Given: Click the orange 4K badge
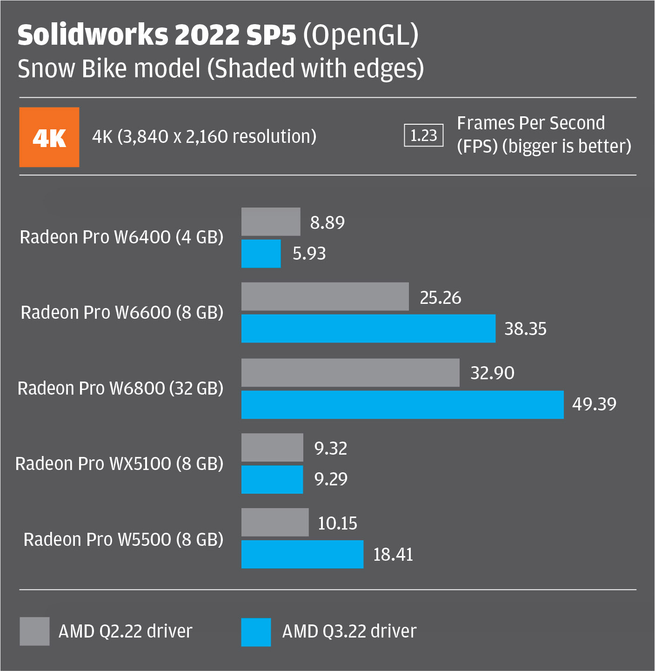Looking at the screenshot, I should tap(49, 137).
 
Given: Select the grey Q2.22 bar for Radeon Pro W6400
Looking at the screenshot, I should tap(271, 221).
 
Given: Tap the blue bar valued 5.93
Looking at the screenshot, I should tap(261, 254).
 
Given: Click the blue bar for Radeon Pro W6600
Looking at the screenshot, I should tap(368, 329).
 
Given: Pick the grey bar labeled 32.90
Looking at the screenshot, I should tap(350, 373).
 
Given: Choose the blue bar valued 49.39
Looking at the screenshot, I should tap(402, 404).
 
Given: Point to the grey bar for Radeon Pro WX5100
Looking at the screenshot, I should tap(272, 448).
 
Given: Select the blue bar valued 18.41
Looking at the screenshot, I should tap(302, 554).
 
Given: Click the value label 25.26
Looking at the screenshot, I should tap(440, 298).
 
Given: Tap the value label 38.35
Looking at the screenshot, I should tap(525, 329).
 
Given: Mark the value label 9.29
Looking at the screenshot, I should tap(331, 479).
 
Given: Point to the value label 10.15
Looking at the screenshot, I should tap(337, 523).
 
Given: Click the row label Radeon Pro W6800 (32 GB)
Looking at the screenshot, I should tap(120, 389).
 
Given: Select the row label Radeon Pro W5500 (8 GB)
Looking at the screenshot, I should tap(123, 540).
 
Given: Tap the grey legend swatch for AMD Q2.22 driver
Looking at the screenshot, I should tap(34, 631).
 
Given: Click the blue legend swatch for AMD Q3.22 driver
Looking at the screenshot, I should tap(256, 632).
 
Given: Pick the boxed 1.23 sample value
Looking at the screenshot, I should tap(423, 135).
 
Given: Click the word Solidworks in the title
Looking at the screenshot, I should tap(93, 35).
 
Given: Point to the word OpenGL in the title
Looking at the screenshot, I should tap(361, 35).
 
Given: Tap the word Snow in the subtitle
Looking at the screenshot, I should tap(46, 69).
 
